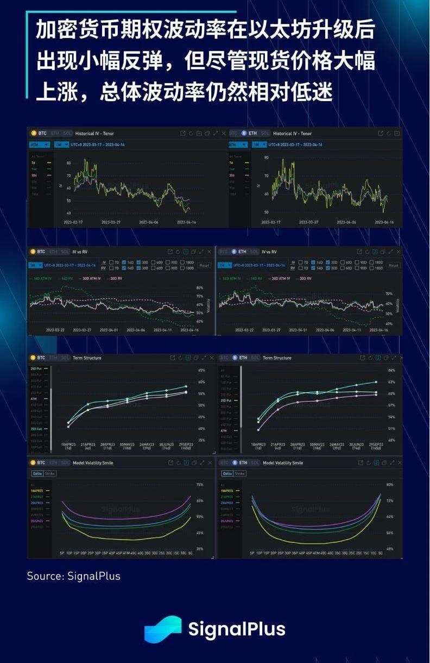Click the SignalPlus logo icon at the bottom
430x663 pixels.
click(162, 629)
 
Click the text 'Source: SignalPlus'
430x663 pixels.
click(74, 576)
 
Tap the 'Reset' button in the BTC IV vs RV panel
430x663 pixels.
click(204, 265)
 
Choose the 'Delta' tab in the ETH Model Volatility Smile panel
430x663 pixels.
click(226, 473)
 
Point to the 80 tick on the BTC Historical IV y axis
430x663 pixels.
click(69, 163)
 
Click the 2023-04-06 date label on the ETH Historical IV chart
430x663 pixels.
click(346, 222)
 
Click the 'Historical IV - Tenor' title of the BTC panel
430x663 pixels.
click(94, 133)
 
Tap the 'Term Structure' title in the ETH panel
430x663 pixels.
click(277, 358)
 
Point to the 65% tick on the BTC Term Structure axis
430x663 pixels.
click(201, 370)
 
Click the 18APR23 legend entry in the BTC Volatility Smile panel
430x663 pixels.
click(38, 490)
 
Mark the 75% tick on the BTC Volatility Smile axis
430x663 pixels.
click(200, 485)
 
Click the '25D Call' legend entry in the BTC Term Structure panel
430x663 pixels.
click(39, 429)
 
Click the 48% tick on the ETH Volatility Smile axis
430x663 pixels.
click(389, 549)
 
